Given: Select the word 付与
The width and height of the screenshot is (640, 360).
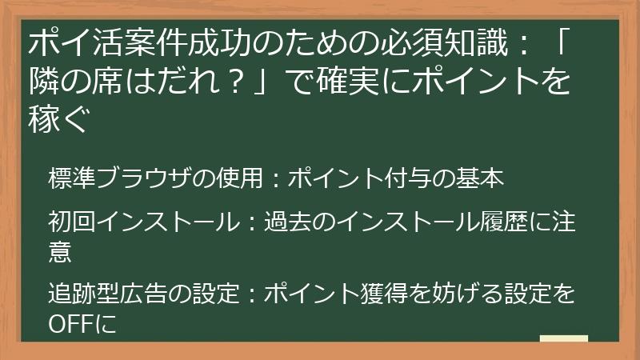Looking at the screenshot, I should pos(415,178).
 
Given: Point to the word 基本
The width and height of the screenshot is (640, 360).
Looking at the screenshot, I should pos(483,178).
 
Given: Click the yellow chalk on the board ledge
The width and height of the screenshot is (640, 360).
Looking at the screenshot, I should pos(563,338).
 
